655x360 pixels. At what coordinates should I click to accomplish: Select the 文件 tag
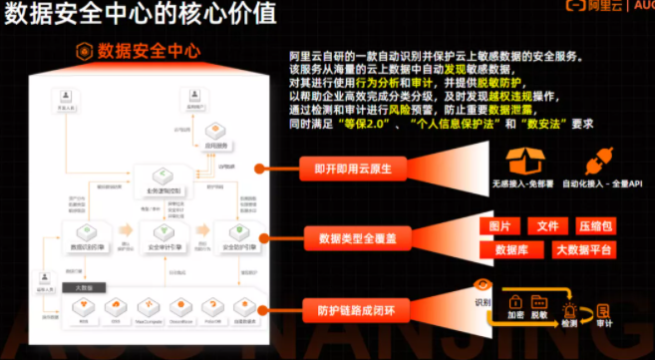(547, 226)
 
